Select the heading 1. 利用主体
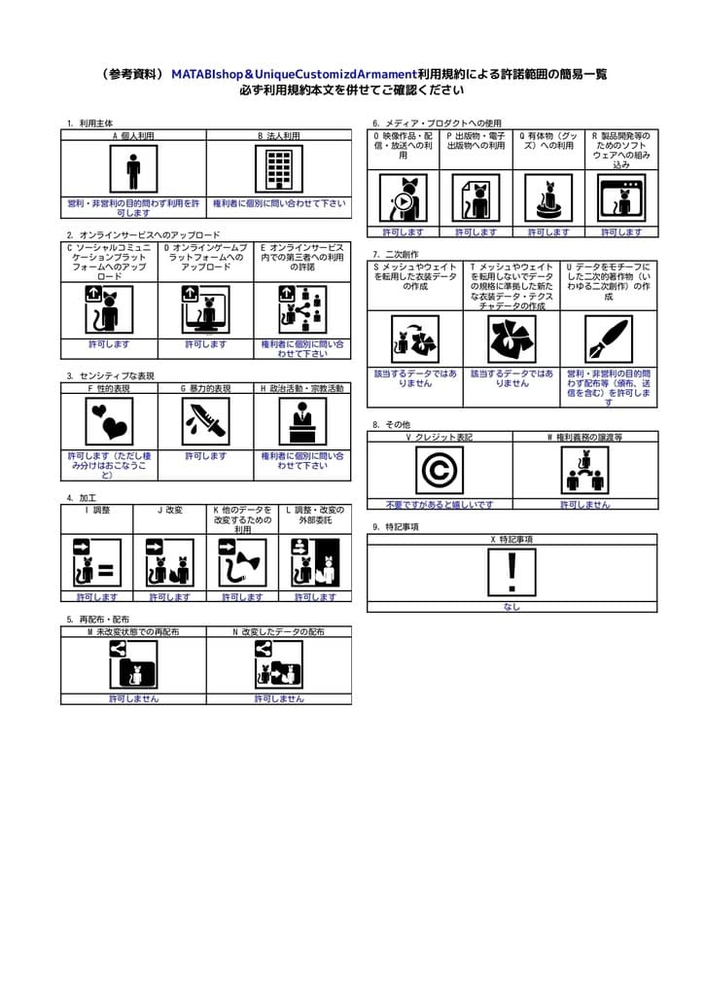tap(90, 124)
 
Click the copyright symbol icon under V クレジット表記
tap(440, 471)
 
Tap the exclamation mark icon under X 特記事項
tap(511, 572)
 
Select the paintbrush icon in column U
tap(609, 338)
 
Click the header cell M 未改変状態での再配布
tap(133, 632)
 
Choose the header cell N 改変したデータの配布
tap(279, 632)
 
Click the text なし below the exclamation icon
tap(511, 607)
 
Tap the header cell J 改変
tap(169, 510)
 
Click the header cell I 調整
tap(97, 510)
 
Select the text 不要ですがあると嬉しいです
tap(440, 505)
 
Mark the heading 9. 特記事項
tap(396, 527)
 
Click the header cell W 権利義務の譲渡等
tap(584, 438)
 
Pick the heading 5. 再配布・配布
tap(98, 620)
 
